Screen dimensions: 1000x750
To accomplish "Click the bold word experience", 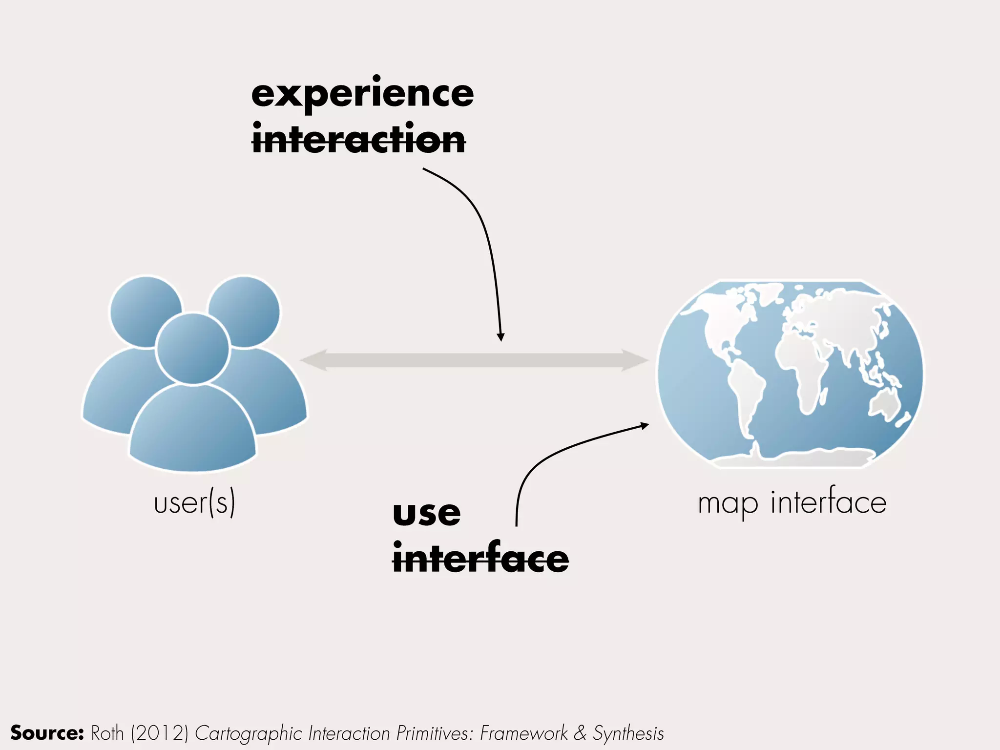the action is (362, 94).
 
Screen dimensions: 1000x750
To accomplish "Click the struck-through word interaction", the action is (358, 140).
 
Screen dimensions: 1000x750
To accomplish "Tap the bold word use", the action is (426, 514).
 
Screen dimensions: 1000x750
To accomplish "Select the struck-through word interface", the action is (480, 559).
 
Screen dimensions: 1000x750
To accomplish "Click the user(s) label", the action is (194, 503).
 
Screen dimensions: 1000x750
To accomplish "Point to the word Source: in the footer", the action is (47, 733).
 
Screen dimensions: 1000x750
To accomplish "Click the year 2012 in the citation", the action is (160, 733).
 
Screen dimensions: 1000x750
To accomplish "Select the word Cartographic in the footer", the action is (249, 733).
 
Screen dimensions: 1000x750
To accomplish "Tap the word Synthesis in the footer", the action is (628, 733).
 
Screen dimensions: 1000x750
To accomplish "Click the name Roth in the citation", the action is (107, 733).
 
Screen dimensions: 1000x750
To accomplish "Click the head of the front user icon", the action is (193, 348).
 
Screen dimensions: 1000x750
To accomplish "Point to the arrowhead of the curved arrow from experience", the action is (500, 337).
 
